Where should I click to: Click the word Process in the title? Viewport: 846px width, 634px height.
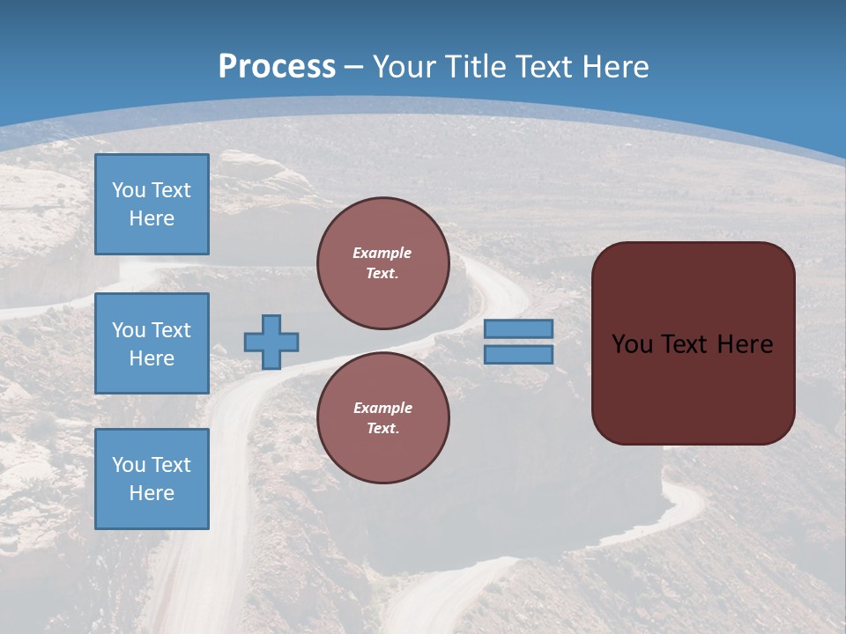[x=277, y=66]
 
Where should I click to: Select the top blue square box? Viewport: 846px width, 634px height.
[x=152, y=204]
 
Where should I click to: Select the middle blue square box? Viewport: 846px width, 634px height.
[x=152, y=343]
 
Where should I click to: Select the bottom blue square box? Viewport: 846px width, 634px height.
[x=152, y=479]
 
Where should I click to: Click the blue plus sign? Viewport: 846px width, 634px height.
[x=271, y=342]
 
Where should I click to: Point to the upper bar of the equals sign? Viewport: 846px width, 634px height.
[x=518, y=329]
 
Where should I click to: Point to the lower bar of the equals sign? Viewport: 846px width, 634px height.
[x=518, y=354]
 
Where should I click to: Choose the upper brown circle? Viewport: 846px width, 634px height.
[x=383, y=262]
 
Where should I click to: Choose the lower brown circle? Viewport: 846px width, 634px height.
[x=383, y=417]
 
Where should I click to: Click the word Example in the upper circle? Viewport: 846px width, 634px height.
[x=382, y=253]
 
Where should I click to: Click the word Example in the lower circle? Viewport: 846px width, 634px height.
[x=382, y=408]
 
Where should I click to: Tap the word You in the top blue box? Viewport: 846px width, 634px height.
[x=129, y=190]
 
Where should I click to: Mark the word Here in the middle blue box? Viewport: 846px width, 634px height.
[x=152, y=358]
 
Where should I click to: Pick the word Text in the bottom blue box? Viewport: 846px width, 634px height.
[x=170, y=465]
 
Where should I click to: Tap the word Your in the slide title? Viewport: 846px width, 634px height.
[x=404, y=66]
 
